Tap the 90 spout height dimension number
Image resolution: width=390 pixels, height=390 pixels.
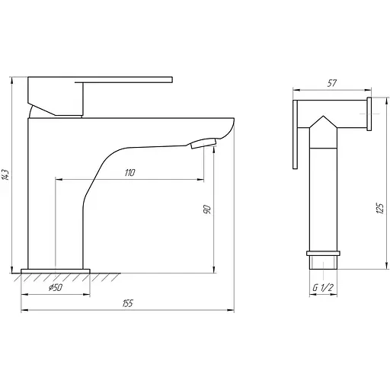pos(207,211)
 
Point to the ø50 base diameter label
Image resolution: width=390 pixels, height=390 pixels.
pos(55,289)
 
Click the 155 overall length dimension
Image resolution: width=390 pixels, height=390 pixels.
pos(127,303)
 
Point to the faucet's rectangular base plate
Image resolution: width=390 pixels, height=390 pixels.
pos(56,270)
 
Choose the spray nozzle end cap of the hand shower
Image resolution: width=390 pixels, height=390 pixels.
pos(369,112)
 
